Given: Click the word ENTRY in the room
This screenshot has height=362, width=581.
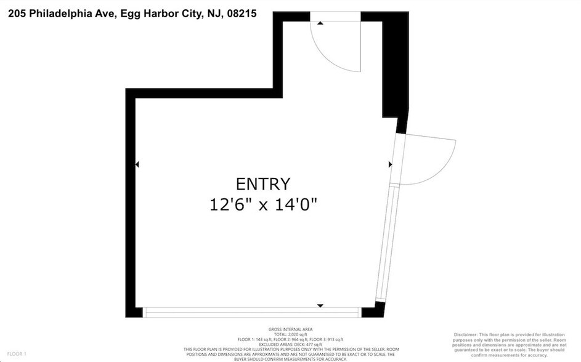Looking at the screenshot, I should [262, 183].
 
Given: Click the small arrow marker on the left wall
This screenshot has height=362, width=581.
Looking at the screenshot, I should [137, 164].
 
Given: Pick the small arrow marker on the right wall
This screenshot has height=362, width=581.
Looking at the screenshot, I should [390, 164].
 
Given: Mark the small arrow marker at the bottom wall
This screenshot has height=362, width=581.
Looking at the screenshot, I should [320, 305].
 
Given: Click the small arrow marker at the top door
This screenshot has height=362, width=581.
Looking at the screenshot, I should [320, 23].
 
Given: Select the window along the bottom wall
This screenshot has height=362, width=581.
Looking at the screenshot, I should [253, 313].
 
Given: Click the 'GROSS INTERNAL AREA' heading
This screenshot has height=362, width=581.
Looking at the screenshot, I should [290, 329].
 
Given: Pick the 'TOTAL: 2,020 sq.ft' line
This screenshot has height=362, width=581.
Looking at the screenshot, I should [290, 334].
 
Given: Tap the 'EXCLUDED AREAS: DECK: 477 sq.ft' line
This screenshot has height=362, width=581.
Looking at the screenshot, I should [290, 344].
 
